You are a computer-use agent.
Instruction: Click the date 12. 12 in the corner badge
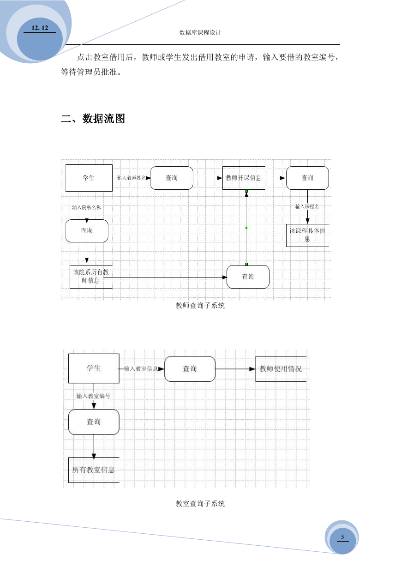(40, 28)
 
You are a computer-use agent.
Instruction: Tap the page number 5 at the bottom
(342, 537)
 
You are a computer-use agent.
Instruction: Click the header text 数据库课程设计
(200, 33)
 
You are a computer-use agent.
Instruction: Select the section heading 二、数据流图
(93, 119)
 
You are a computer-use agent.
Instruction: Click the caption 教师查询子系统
(200, 306)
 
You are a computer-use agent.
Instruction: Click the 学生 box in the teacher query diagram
(89, 178)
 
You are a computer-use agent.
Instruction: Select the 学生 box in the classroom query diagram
(94, 368)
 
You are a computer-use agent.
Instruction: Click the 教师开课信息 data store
(244, 178)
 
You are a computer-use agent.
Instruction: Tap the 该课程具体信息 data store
(307, 235)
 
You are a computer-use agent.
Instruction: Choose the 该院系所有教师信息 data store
(91, 277)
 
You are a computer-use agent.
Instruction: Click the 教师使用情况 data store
(281, 369)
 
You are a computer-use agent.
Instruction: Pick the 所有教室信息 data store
(94, 470)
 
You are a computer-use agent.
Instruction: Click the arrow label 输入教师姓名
(132, 178)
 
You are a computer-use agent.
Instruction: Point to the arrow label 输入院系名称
(87, 207)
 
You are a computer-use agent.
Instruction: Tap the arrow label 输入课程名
(307, 206)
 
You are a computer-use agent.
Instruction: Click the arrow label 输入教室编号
(93, 396)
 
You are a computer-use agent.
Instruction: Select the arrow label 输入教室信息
(141, 369)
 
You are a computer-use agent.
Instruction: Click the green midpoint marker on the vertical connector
(246, 228)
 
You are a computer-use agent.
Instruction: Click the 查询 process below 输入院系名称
(87, 231)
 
